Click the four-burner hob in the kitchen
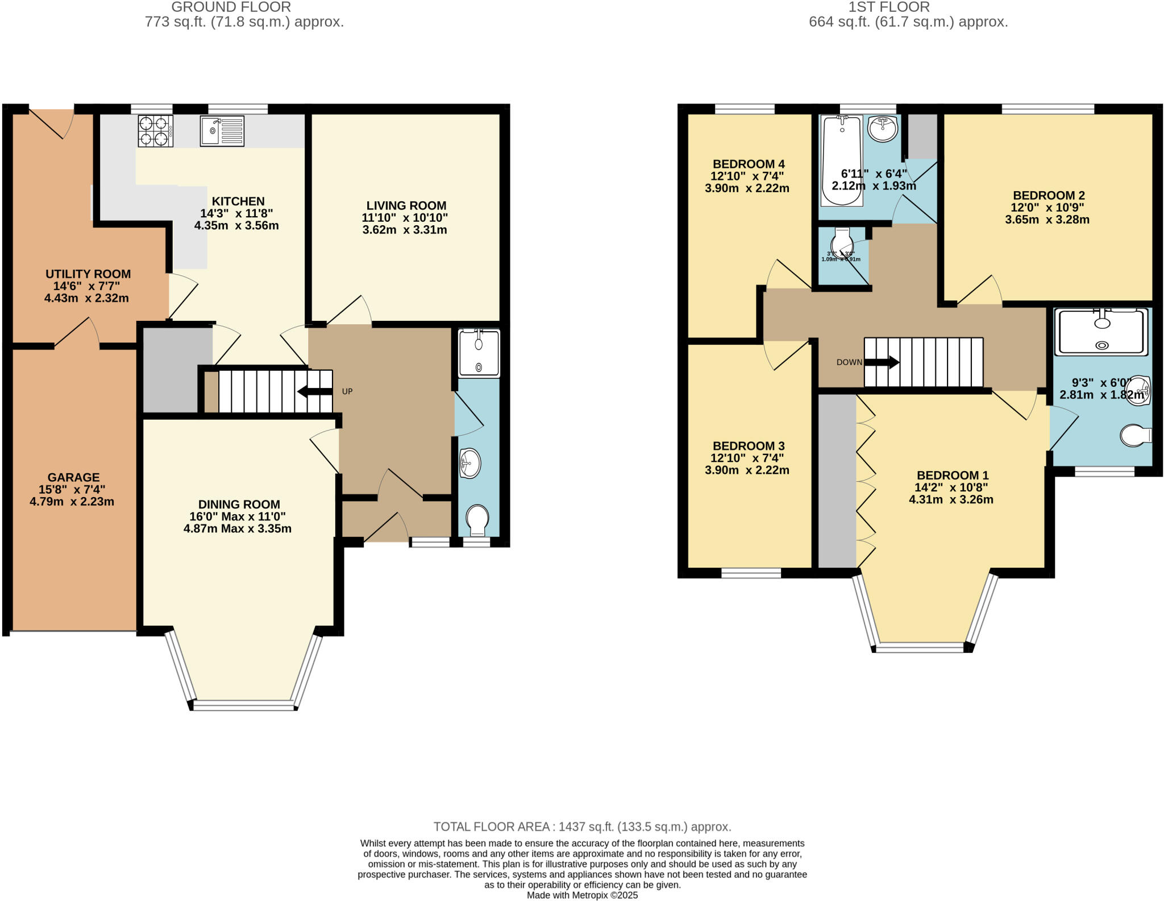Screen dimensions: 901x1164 coord(155,131)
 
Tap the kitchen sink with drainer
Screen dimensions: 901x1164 coord(222,131)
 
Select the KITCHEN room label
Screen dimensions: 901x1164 coord(238,201)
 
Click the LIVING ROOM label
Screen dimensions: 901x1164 coord(406,206)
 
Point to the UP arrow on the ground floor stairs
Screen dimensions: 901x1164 coord(314,391)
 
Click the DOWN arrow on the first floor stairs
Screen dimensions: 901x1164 coord(882,362)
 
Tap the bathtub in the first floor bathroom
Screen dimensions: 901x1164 coord(842,160)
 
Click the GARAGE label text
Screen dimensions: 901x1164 coord(73,478)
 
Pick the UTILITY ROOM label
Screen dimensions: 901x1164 coord(88,274)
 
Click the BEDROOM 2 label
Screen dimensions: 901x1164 coord(1049,196)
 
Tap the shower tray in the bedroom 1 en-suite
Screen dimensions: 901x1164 coord(1101,332)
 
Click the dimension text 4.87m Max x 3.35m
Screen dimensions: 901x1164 coord(238,529)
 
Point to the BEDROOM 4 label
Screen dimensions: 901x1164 coord(749,164)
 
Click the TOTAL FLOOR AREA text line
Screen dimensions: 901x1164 coord(582,826)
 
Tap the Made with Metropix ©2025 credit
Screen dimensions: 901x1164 coord(582,895)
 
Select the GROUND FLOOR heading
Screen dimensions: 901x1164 coord(231,7)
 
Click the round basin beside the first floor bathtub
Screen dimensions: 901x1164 coord(883,130)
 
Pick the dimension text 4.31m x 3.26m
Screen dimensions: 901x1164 coord(951,500)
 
